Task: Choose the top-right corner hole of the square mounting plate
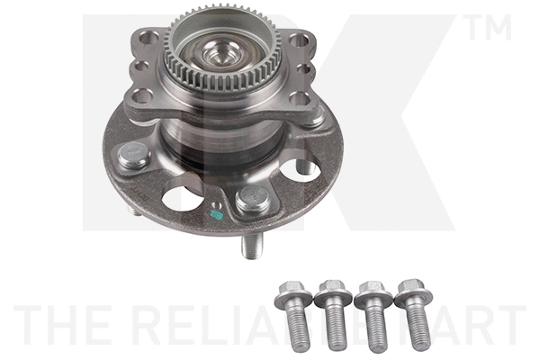tap(300, 40)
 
